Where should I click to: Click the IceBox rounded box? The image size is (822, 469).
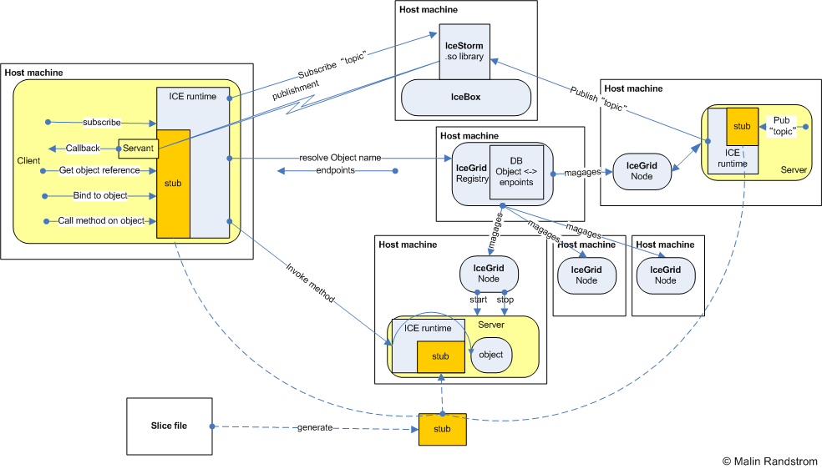466,97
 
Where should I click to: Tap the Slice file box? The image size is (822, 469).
169,426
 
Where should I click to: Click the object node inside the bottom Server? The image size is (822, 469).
491,355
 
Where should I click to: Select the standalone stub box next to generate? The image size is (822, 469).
442,428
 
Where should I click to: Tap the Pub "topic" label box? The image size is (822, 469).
781,127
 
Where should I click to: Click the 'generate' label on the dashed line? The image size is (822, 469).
315,427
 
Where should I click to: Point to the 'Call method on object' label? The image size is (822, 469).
101,220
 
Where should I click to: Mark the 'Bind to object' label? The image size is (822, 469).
99,195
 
